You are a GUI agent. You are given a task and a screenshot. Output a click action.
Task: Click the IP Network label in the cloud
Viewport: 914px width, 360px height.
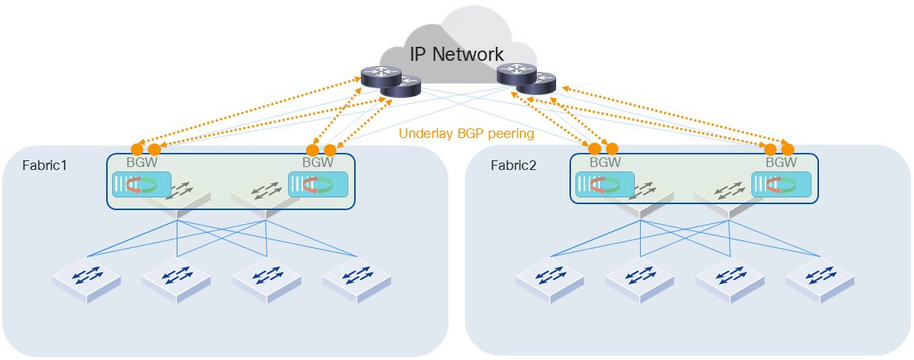pyautogui.click(x=457, y=54)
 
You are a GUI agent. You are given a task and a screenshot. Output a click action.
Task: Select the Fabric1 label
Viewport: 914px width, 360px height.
pyautogui.click(x=45, y=165)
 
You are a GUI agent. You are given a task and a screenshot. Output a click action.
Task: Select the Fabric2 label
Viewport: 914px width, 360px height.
pyautogui.click(x=512, y=165)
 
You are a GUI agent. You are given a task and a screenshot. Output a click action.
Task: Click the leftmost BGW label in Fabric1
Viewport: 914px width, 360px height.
pyautogui.click(x=141, y=162)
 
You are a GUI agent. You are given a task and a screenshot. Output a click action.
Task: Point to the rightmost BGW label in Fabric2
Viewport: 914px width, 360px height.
pyautogui.click(x=780, y=162)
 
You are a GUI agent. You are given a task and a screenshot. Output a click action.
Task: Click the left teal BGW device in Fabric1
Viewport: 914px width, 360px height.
pyautogui.click(x=141, y=185)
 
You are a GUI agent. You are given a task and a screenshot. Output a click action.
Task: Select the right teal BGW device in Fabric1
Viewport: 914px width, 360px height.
pyautogui.click(x=318, y=185)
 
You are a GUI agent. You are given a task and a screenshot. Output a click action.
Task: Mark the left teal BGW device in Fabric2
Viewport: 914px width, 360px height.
pyautogui.click(x=604, y=185)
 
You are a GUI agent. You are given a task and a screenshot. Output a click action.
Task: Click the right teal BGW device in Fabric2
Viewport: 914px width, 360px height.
pyautogui.click(x=780, y=185)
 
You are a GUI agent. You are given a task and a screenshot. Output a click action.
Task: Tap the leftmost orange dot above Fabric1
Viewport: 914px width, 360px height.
pyautogui.click(x=137, y=148)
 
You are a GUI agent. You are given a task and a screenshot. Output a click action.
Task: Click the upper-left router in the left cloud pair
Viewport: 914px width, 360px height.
pyautogui.click(x=380, y=75)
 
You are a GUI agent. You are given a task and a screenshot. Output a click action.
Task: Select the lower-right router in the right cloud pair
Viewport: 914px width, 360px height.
pyautogui.click(x=535, y=82)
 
